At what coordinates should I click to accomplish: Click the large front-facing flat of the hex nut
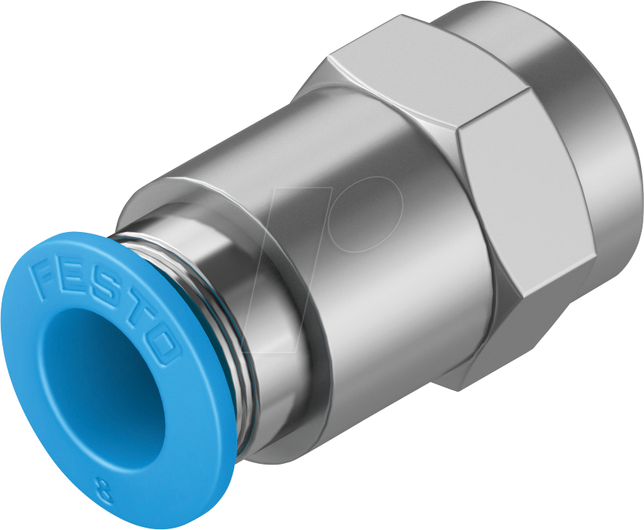click(521, 208)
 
